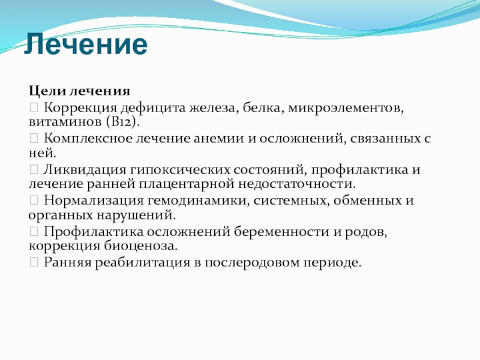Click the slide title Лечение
(x=86, y=44)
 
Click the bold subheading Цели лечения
(x=80, y=91)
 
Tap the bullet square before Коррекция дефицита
(x=34, y=107)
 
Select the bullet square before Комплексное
(x=34, y=139)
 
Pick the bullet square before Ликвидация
(x=34, y=169)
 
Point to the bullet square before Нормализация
(x=34, y=200)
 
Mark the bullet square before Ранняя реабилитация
(x=34, y=262)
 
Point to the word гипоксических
(x=180, y=170)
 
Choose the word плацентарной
(x=187, y=184)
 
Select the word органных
(x=61, y=215)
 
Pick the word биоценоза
(x=140, y=246)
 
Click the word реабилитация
(x=142, y=263)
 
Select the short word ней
(x=42, y=153)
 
